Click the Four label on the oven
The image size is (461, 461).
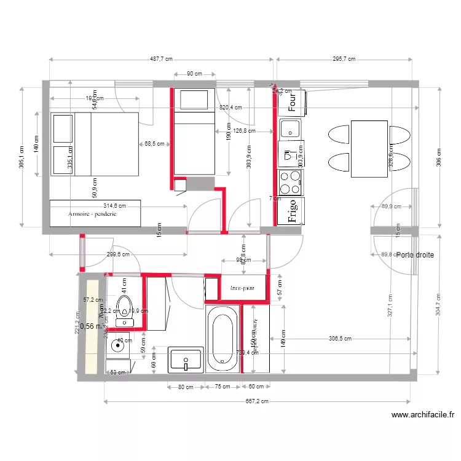click(293, 101)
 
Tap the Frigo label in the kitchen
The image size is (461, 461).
click(293, 211)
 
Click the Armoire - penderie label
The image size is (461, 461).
click(92, 215)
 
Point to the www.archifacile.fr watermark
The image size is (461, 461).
click(422, 416)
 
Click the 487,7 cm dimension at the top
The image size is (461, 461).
click(161, 60)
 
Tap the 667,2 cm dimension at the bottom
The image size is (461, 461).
click(256, 401)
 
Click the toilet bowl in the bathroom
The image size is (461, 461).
click(125, 306)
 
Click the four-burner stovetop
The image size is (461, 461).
click(291, 183)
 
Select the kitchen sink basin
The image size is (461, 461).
click(290, 129)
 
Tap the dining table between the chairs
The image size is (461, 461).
click(369, 149)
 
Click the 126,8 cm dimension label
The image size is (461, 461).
click(245, 130)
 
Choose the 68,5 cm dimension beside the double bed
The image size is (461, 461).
click(154, 144)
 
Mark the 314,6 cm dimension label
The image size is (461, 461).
click(114, 206)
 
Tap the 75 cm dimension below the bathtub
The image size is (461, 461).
click(222, 387)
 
